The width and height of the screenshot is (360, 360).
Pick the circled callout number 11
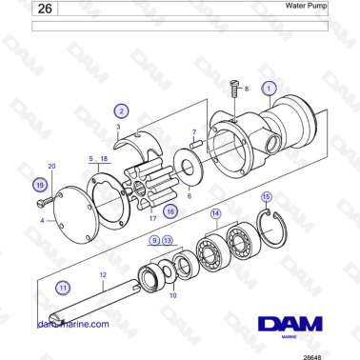point(63,286)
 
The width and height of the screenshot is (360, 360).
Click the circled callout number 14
point(216,213)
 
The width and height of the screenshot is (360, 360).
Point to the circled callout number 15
point(267,196)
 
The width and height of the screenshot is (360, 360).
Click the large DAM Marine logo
point(287,323)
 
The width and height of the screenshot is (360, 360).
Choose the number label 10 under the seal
point(172,295)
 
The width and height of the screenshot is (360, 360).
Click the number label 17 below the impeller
point(152,218)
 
